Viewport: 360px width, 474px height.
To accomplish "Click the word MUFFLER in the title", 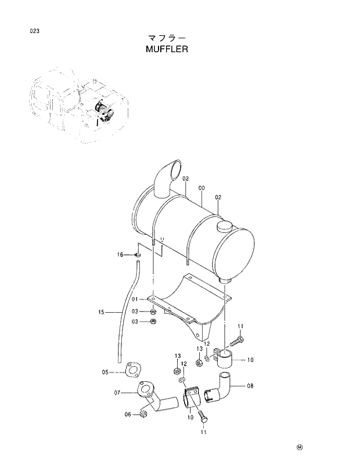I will pos(168,49).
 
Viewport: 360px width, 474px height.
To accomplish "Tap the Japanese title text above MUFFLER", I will pos(168,38).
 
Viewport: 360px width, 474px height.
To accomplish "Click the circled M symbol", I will pos(300,447).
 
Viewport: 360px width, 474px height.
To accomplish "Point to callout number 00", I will pos(201,188).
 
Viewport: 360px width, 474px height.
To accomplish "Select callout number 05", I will pos(105,372).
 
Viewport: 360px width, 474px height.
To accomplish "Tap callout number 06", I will pos(127,414).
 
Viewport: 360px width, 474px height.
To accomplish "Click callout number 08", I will pos(250,385).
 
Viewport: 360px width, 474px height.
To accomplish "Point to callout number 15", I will pos(101,313).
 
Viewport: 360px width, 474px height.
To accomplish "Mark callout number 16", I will pos(120,254).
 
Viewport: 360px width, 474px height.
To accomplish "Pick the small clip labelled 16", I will pos(138,254).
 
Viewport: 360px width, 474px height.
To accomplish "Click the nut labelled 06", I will pos(142,414).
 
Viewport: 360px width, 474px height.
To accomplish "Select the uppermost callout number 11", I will pos(240,325).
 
